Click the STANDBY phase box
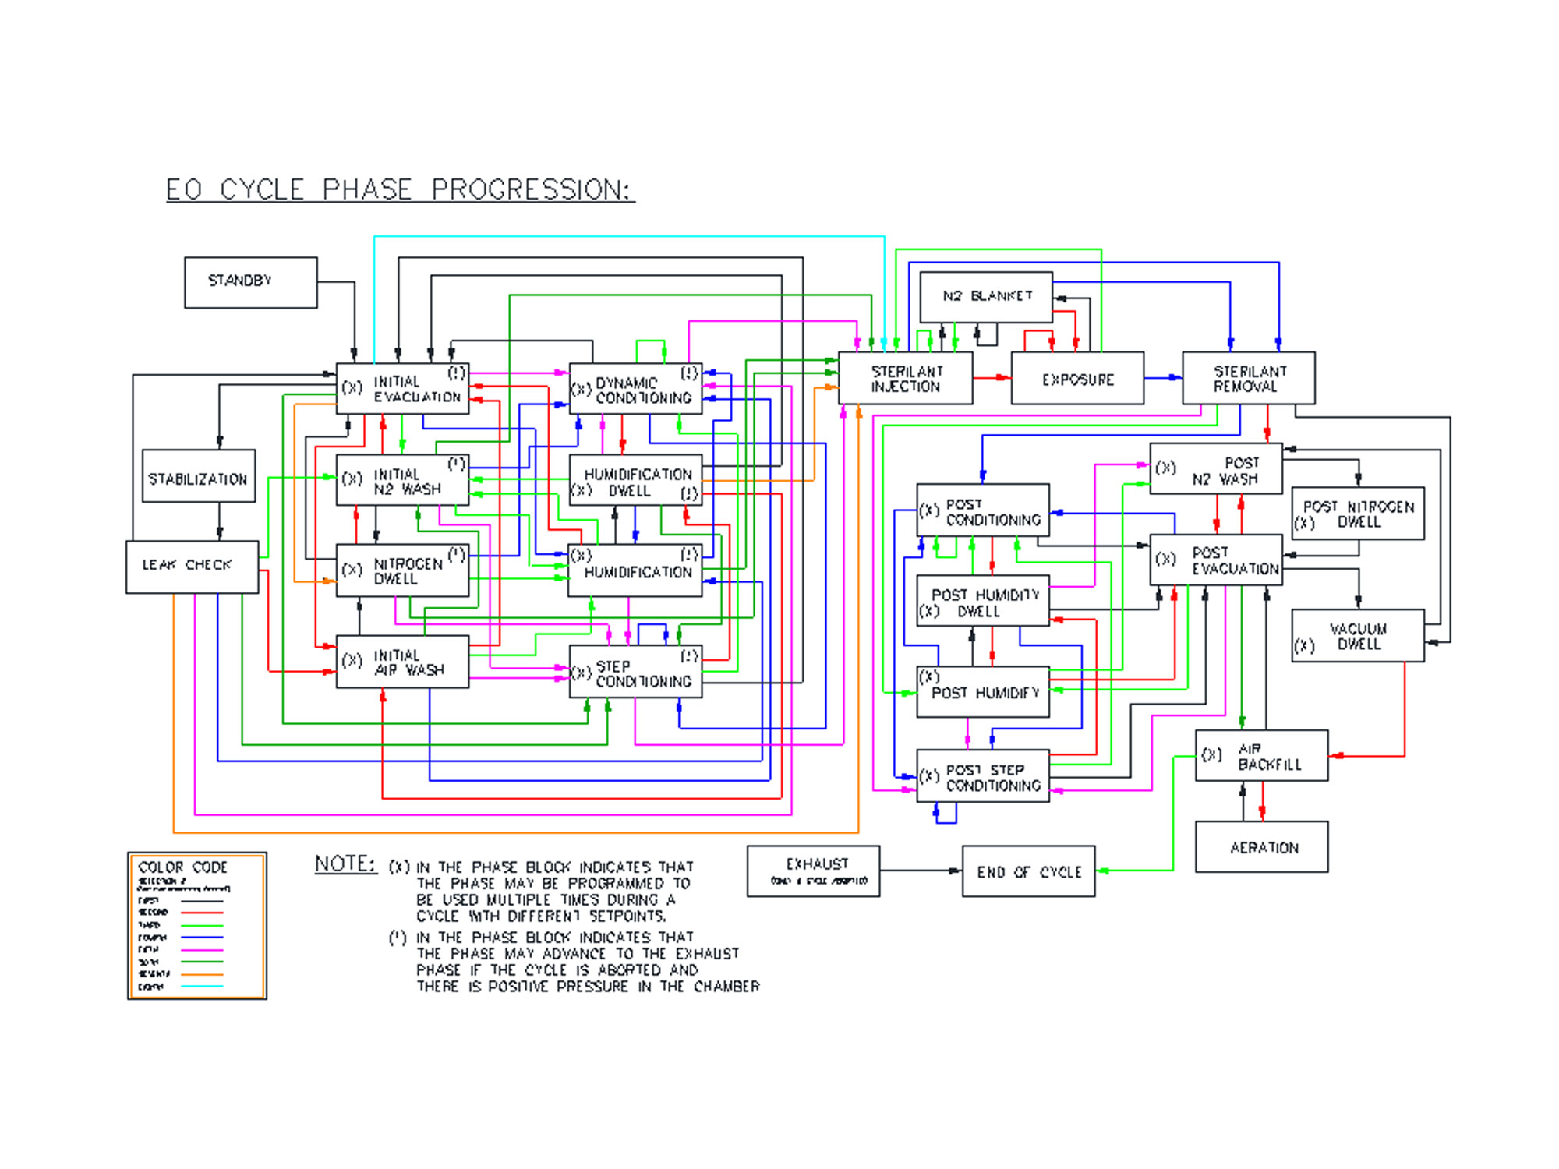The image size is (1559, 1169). point(250,282)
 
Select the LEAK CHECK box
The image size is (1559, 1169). point(192,567)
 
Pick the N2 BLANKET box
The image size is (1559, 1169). point(985,296)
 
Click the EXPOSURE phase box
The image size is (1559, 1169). point(1077,378)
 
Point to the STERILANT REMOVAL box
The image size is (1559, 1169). point(1248,378)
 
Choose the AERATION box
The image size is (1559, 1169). point(1261,846)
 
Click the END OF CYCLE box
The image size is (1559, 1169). point(1028,871)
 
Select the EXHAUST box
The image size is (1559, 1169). point(813,871)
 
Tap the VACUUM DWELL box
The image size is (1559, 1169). point(1357,635)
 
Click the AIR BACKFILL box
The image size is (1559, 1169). point(1261,755)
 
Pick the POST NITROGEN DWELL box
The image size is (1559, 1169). point(1357,513)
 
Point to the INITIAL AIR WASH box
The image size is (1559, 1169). point(402,662)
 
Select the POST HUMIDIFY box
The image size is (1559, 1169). point(982,692)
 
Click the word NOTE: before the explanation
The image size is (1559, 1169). point(345,864)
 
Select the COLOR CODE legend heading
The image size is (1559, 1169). point(182,867)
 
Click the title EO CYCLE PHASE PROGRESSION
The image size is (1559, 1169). point(400,189)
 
